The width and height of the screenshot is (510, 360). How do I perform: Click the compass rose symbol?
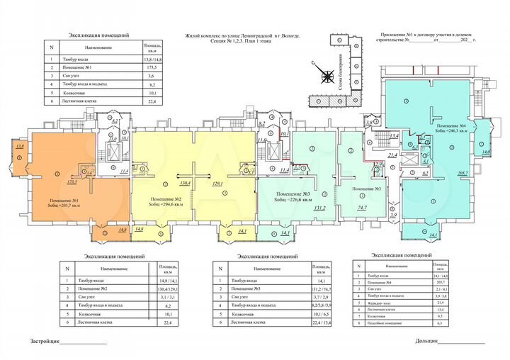click(327, 79)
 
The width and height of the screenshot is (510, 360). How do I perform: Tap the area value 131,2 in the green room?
click(319, 208)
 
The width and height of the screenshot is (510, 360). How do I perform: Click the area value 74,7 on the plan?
click(361, 208)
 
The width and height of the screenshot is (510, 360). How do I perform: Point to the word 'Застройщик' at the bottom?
click(44, 341)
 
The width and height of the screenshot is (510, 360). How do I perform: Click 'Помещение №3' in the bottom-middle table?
click(249, 289)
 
